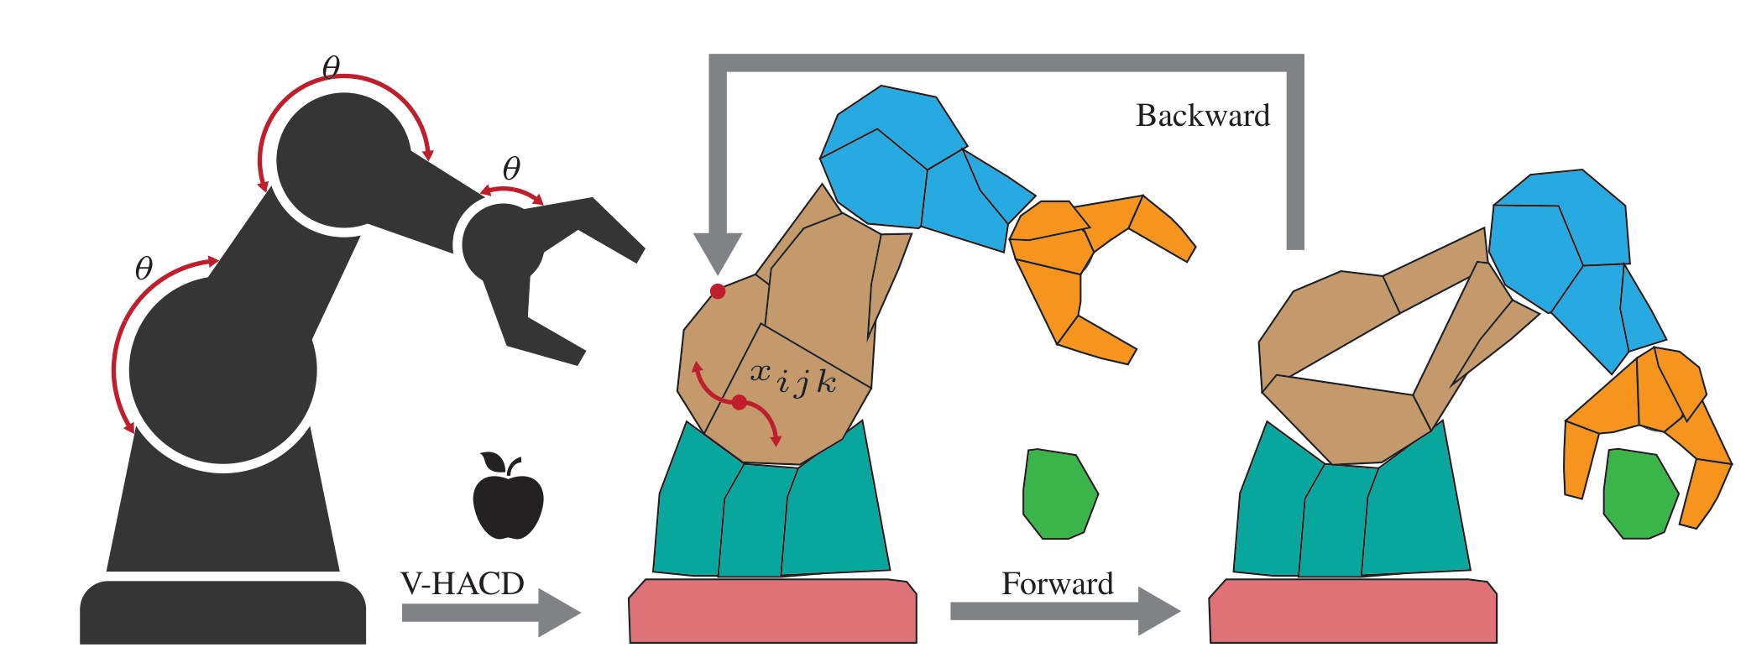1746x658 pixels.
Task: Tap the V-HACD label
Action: coord(463,583)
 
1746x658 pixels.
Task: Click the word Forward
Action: coord(1058,583)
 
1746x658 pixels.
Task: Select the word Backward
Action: coord(1203,115)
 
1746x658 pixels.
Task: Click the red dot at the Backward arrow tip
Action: coord(718,291)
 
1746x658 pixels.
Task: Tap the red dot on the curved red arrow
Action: coord(739,403)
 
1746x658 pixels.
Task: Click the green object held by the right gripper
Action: coord(1640,493)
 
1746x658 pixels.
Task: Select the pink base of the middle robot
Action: coord(773,610)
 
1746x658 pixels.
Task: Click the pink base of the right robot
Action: coord(1352,610)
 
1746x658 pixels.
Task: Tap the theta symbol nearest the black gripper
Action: coord(511,169)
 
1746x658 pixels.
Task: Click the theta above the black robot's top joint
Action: coord(332,67)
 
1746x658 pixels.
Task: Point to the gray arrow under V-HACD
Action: coord(491,614)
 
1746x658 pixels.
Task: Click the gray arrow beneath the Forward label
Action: coord(1065,611)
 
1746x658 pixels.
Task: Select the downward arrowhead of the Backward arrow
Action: coord(719,252)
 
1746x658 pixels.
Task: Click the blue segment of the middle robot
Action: coord(923,168)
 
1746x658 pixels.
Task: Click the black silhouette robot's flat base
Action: coord(223,612)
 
